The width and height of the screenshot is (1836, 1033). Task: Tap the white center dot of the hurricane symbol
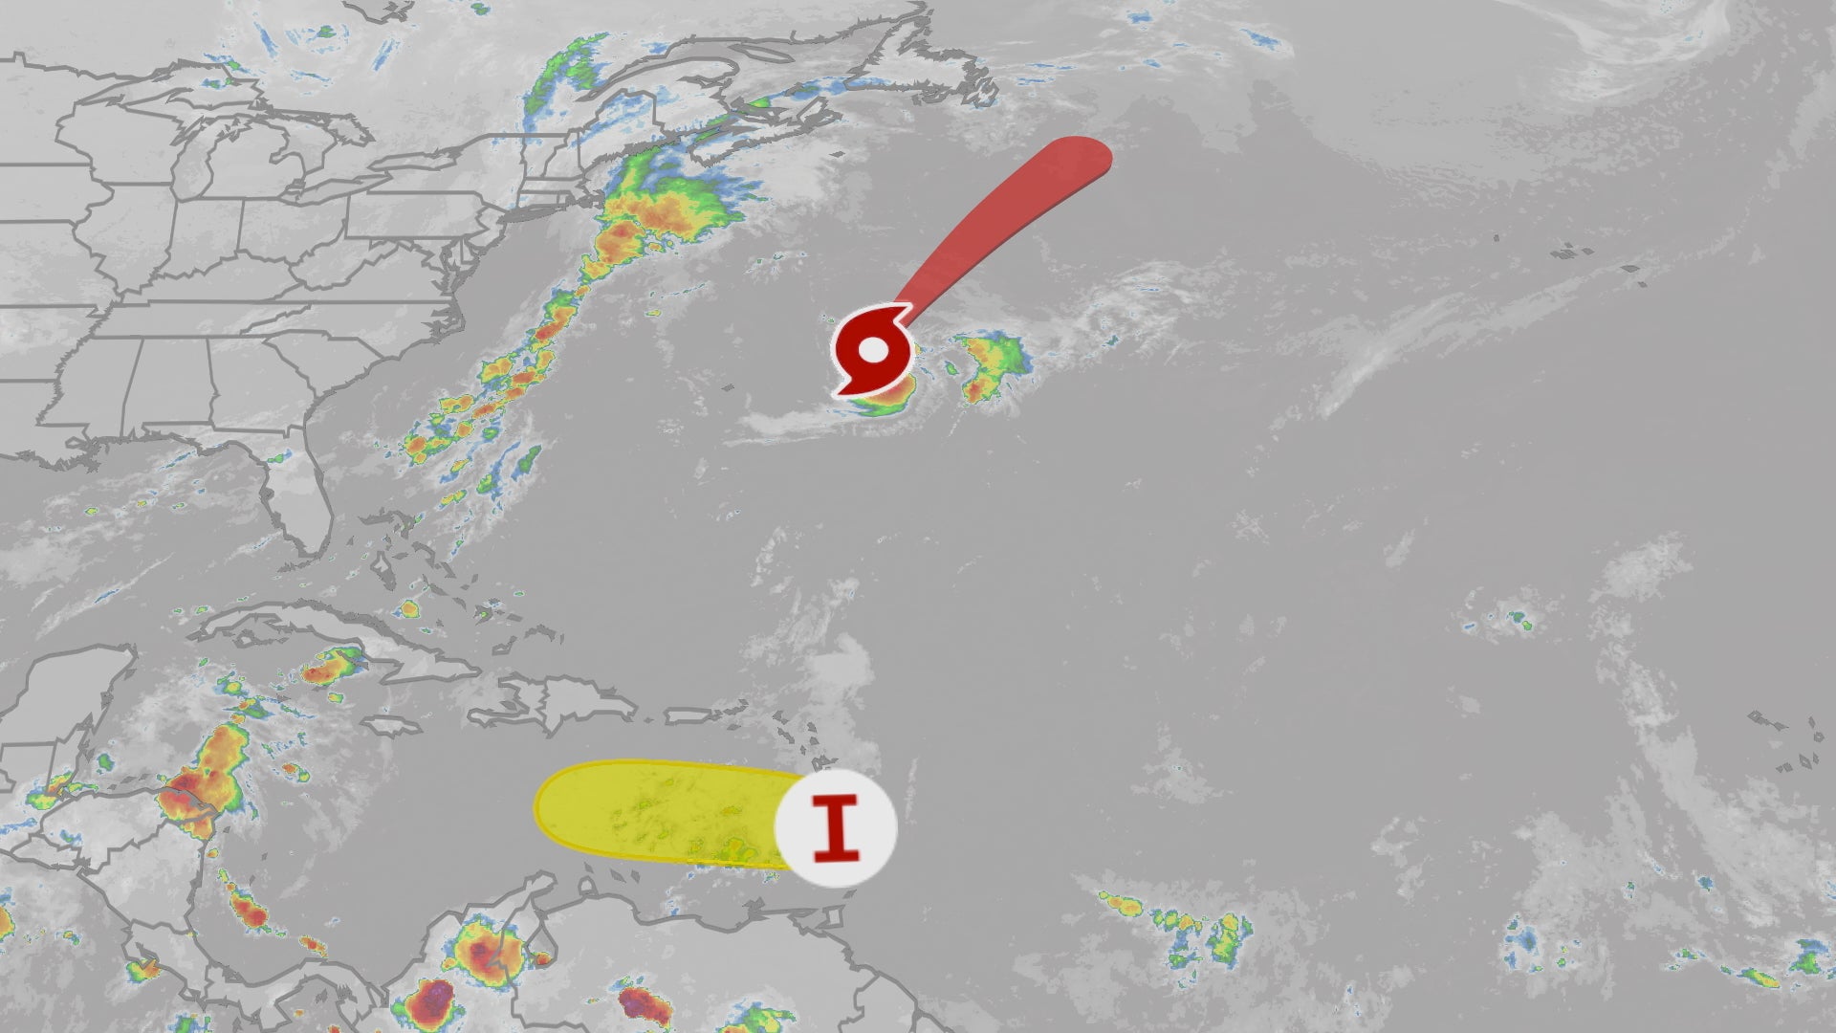pos(873,350)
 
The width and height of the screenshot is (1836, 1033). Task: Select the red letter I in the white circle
pos(836,827)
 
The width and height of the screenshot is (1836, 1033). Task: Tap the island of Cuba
pos(316,631)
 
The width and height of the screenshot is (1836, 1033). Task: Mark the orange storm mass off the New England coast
pos(660,215)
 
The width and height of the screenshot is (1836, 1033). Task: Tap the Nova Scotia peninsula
pos(784,120)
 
